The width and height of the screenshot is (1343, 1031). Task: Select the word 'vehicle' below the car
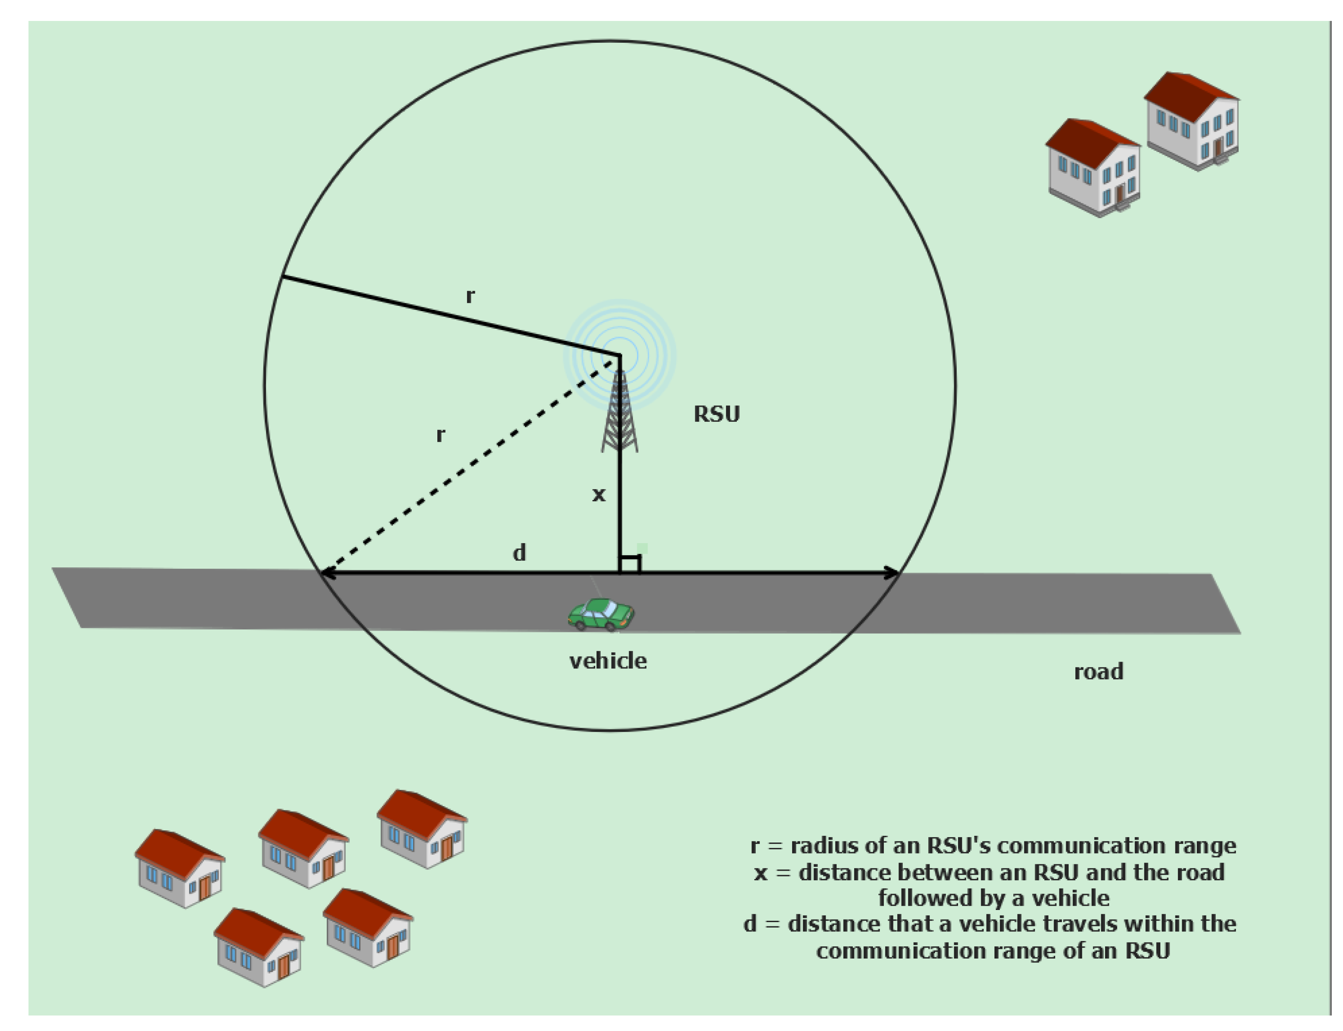click(608, 661)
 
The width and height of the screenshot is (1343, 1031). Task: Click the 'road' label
click(1098, 671)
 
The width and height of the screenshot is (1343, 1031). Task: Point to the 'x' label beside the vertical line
click(599, 495)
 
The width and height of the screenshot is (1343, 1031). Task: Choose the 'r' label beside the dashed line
click(440, 435)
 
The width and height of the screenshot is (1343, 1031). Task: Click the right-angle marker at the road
click(630, 563)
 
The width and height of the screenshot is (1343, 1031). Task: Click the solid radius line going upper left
click(451, 316)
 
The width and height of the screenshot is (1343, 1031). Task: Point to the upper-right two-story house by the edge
click(1191, 120)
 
